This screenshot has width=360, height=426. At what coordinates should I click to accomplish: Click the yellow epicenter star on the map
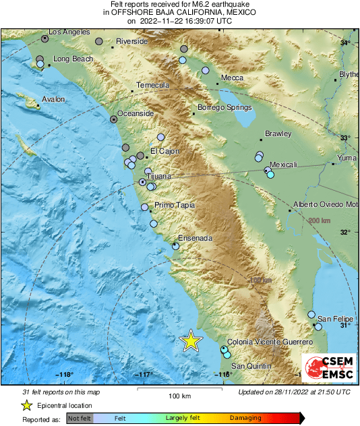[x=191, y=341]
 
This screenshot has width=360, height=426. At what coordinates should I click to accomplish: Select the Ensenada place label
[x=195, y=238]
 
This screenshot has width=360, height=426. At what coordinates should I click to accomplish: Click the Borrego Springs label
[x=224, y=107]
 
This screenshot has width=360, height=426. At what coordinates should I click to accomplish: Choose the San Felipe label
[x=335, y=318]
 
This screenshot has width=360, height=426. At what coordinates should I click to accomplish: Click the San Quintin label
[x=253, y=358]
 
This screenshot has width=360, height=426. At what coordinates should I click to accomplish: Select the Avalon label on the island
[x=53, y=100]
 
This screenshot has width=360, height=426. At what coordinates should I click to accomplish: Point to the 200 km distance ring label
[x=320, y=220]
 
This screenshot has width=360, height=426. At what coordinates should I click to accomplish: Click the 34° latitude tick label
[x=344, y=43]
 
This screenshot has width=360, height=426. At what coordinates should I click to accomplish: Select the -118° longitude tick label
[x=65, y=374]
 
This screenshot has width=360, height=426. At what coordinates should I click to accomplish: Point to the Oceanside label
[x=136, y=113]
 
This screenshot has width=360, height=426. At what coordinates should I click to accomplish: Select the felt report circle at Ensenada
[x=175, y=246]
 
